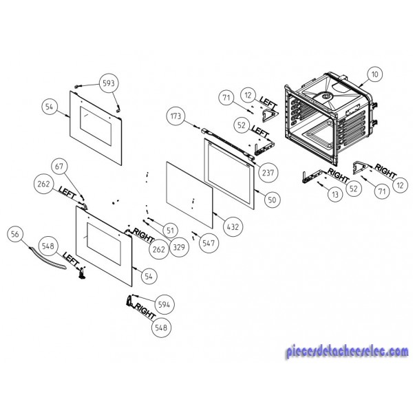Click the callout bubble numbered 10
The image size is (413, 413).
click(x=374, y=74)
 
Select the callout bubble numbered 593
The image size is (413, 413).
click(x=109, y=83)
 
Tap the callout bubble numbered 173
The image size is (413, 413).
click(x=176, y=116)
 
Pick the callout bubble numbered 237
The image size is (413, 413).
click(x=268, y=173)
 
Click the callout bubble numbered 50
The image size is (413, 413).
click(x=272, y=200)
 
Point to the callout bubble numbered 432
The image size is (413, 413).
click(x=233, y=226)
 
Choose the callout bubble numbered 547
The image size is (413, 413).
click(x=209, y=243)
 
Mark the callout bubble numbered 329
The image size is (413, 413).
click(x=179, y=247)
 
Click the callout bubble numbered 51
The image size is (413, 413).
click(x=171, y=231)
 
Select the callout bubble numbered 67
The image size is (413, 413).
click(x=59, y=167)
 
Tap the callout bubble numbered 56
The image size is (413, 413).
click(x=15, y=234)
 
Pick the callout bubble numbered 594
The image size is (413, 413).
click(x=164, y=305)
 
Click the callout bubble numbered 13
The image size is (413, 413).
click(x=335, y=195)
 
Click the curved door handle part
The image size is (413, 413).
click(x=47, y=258)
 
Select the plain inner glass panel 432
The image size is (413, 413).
click(x=189, y=195)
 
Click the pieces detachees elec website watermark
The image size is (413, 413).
click(x=347, y=351)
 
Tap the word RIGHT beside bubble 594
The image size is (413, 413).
click(x=145, y=311)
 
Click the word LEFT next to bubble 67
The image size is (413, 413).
click(x=67, y=193)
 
